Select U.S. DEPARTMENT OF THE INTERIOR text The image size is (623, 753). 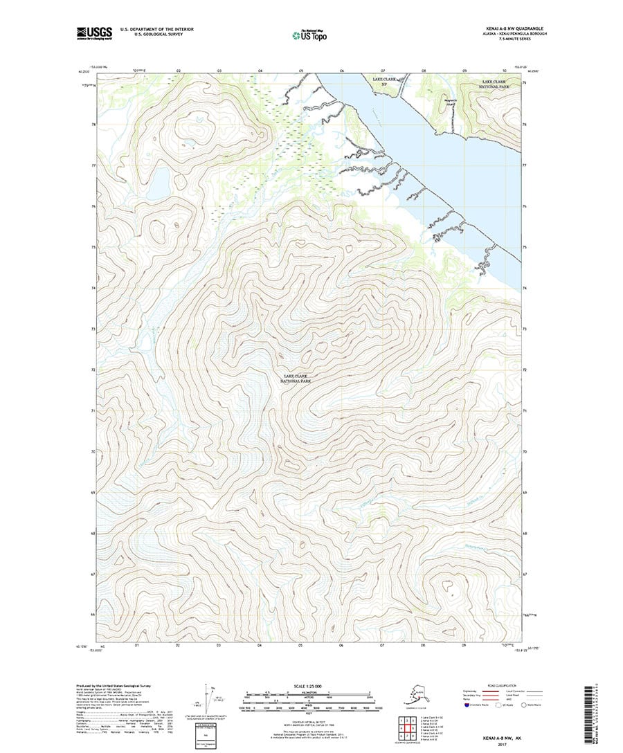point(156,28)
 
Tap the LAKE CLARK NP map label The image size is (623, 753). point(387,83)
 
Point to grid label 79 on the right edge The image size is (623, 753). point(524,83)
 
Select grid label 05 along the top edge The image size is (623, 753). point(301,71)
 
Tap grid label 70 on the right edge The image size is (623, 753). point(524,451)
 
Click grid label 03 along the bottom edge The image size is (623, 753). point(219,645)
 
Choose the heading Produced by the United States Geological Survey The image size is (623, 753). point(114,686)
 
